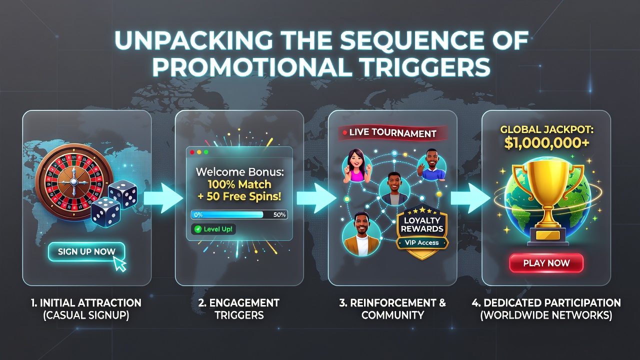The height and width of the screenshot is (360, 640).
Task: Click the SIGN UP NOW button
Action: tap(86, 251)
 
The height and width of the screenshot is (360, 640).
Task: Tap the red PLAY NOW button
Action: tap(546, 263)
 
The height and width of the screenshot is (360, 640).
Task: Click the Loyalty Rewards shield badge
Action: tap(422, 231)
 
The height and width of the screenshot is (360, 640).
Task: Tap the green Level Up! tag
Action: tap(213, 229)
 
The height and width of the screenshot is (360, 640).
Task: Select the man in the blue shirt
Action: tap(431, 165)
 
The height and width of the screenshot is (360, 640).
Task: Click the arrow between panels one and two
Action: tap(163, 198)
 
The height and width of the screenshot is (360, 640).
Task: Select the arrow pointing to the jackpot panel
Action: tap(470, 198)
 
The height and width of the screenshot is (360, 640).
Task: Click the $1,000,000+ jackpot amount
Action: tap(546, 143)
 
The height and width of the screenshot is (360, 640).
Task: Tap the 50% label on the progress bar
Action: tap(279, 215)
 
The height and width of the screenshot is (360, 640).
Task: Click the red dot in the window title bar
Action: tap(192, 152)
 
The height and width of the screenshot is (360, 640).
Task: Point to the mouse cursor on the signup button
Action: tap(120, 263)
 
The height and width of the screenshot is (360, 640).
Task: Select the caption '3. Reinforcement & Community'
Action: tap(392, 309)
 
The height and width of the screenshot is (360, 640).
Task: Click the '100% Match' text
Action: tap(239, 184)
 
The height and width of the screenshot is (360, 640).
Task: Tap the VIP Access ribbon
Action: tap(422, 243)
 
